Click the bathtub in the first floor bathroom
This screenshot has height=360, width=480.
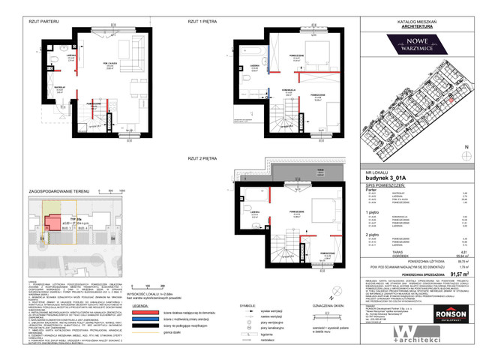point(251,54)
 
